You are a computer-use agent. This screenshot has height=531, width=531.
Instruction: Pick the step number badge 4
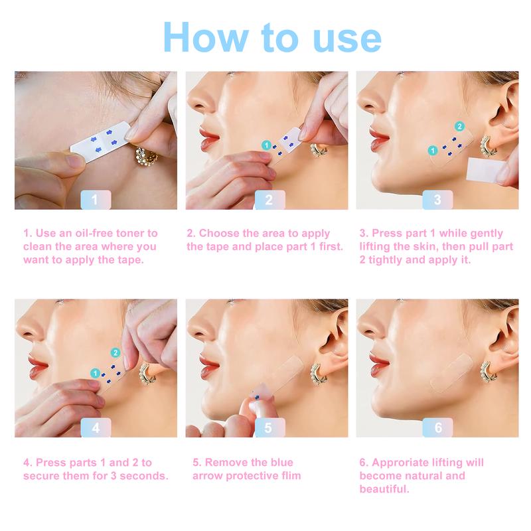coord(96,427)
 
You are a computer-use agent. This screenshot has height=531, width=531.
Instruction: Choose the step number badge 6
coord(437,427)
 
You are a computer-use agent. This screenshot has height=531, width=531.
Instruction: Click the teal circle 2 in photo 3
coord(459,126)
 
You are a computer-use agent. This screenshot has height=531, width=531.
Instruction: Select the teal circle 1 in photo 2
coord(266,144)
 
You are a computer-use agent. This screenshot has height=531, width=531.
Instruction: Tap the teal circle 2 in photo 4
coord(115,352)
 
